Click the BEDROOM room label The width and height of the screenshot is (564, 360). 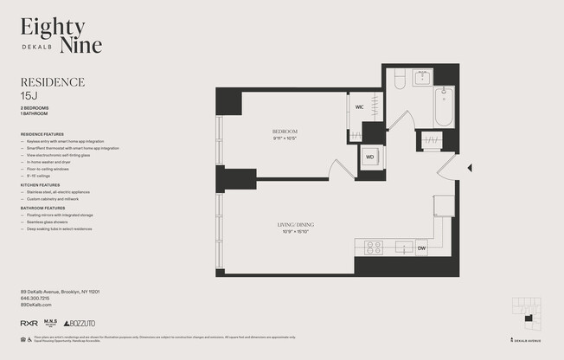point(285,132)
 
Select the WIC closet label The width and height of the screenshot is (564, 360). point(359,107)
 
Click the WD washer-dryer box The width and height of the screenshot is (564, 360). point(370,157)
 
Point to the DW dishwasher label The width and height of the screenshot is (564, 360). point(421,248)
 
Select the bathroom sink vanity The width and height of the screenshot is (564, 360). point(423,77)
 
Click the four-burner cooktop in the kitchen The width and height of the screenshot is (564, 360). point(374,247)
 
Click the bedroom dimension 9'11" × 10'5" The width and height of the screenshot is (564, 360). point(285,138)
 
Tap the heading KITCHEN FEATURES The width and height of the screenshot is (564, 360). point(40,185)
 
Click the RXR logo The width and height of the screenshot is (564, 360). point(29,323)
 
